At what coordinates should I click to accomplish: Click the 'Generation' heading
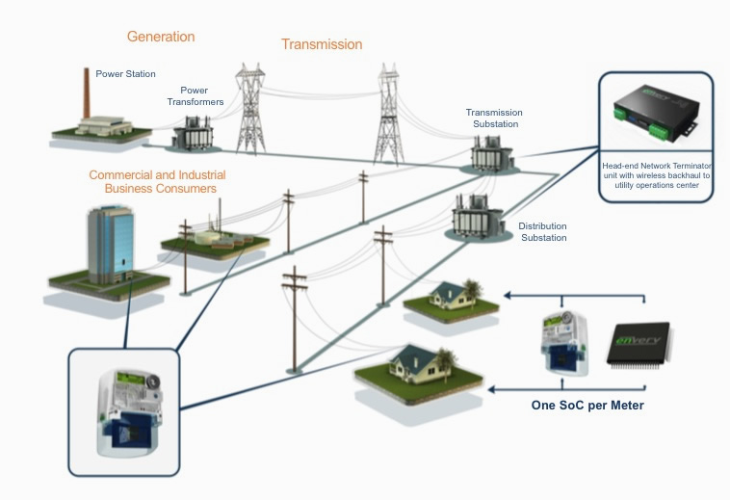161,37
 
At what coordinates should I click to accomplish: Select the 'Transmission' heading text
322,44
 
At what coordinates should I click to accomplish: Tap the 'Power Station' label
125,73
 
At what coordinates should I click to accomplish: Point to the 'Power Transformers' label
201,96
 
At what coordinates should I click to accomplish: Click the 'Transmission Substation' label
492,118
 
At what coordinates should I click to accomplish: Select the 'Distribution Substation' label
543,231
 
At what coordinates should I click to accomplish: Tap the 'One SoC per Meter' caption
587,406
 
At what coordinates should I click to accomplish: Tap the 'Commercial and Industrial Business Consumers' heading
157,181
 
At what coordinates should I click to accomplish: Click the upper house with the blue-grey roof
444,297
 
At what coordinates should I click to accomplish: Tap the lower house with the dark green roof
412,363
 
